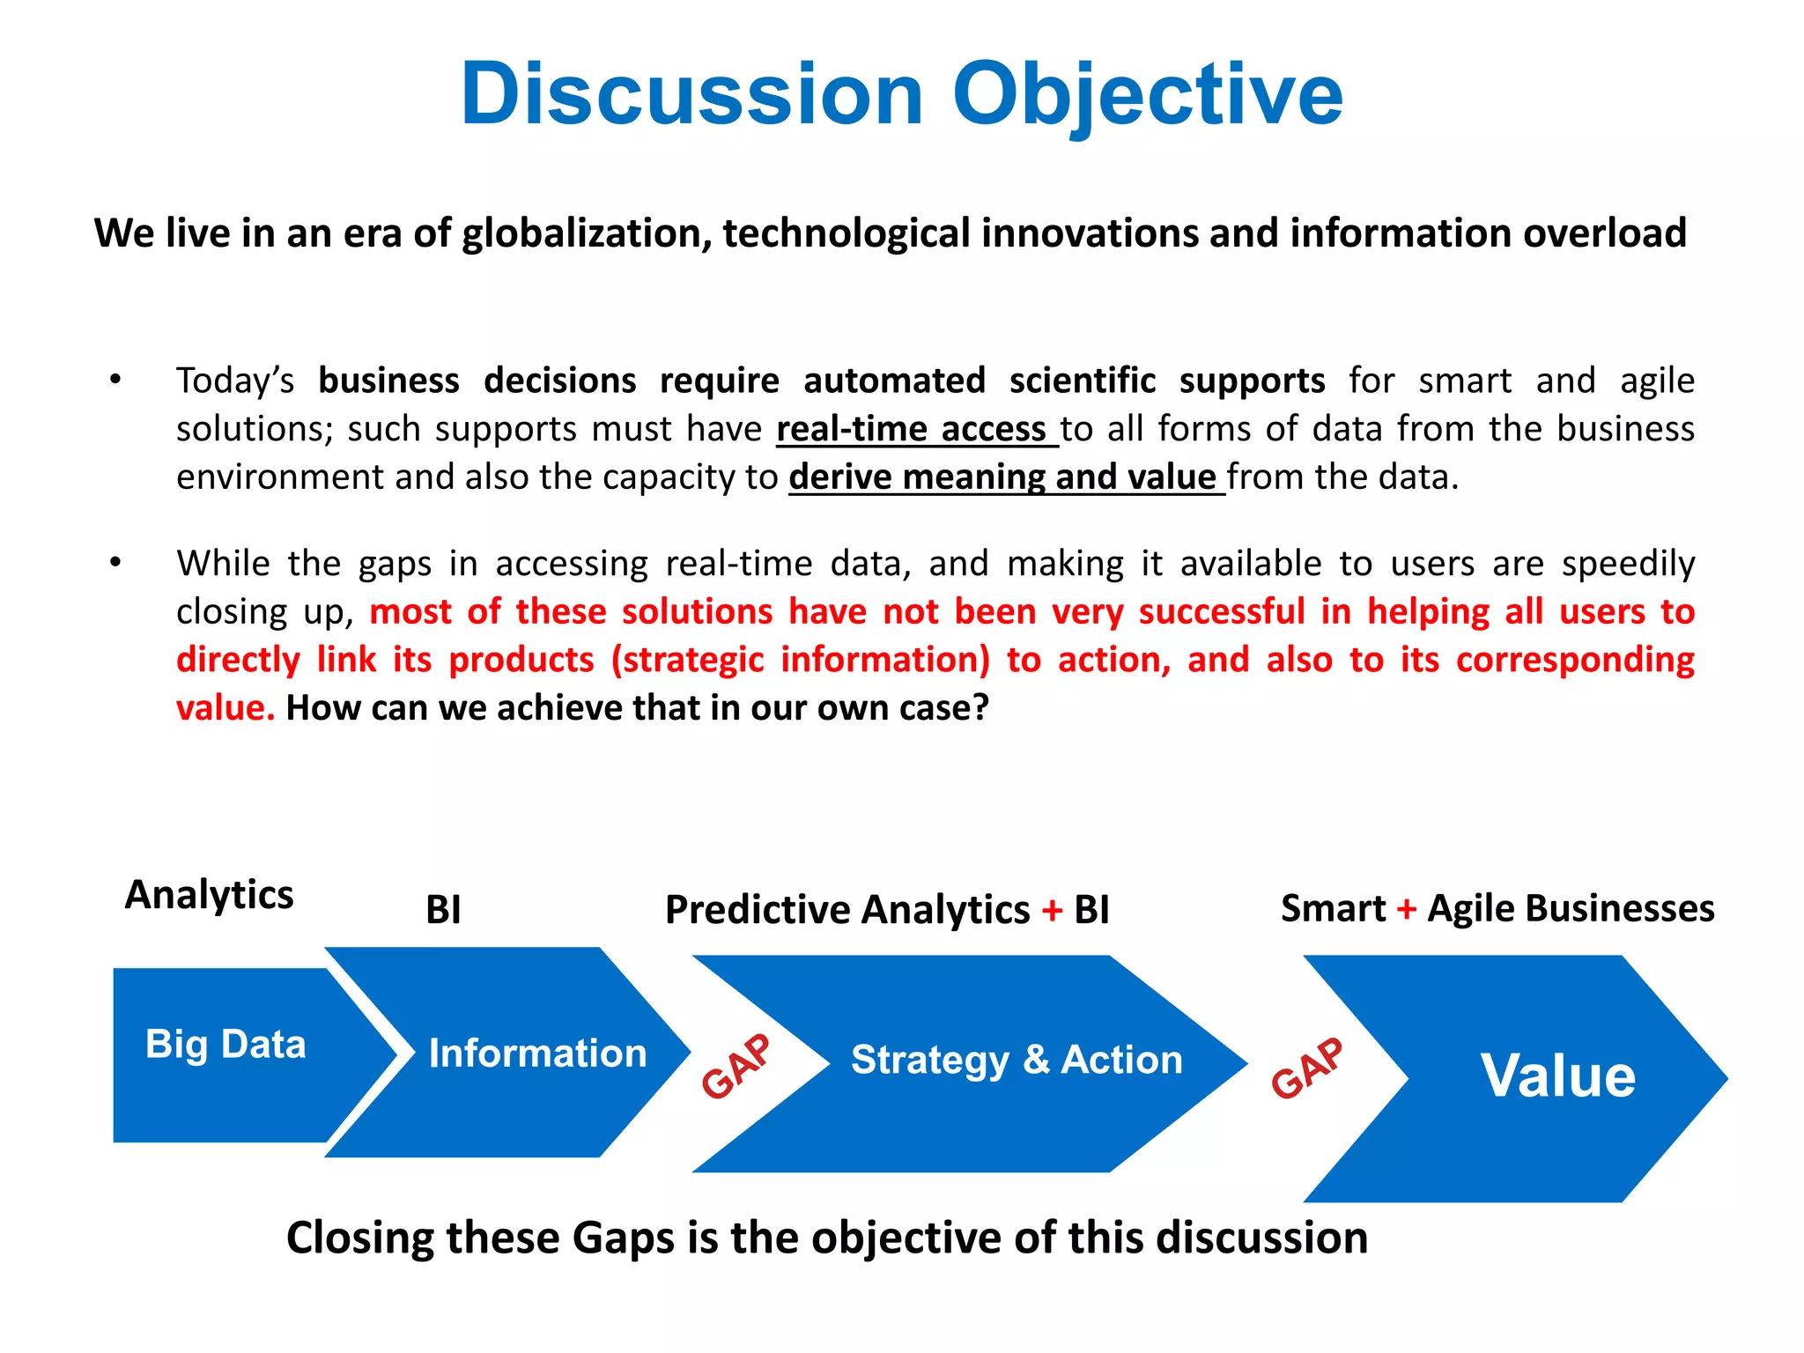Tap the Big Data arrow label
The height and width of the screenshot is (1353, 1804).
(x=225, y=1044)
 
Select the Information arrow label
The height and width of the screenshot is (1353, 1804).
(x=537, y=1054)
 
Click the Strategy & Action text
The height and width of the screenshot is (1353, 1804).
(x=1017, y=1060)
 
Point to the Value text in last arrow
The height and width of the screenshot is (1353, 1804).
(x=1557, y=1076)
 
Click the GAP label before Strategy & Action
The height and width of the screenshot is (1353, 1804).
(x=736, y=1067)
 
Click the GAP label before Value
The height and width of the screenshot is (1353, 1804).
(x=1307, y=1068)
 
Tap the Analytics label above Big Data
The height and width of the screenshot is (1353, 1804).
(x=209, y=895)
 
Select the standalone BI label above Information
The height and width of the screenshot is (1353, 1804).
(x=443, y=910)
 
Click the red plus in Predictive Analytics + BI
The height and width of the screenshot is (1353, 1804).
(x=1052, y=910)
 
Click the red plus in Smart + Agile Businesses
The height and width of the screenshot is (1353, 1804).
(x=1407, y=909)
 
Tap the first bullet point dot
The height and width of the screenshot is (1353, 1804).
(x=115, y=380)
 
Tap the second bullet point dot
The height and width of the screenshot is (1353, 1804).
(x=115, y=562)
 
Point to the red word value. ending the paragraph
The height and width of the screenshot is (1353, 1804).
(x=225, y=708)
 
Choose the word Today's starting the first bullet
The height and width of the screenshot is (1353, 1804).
(x=234, y=381)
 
